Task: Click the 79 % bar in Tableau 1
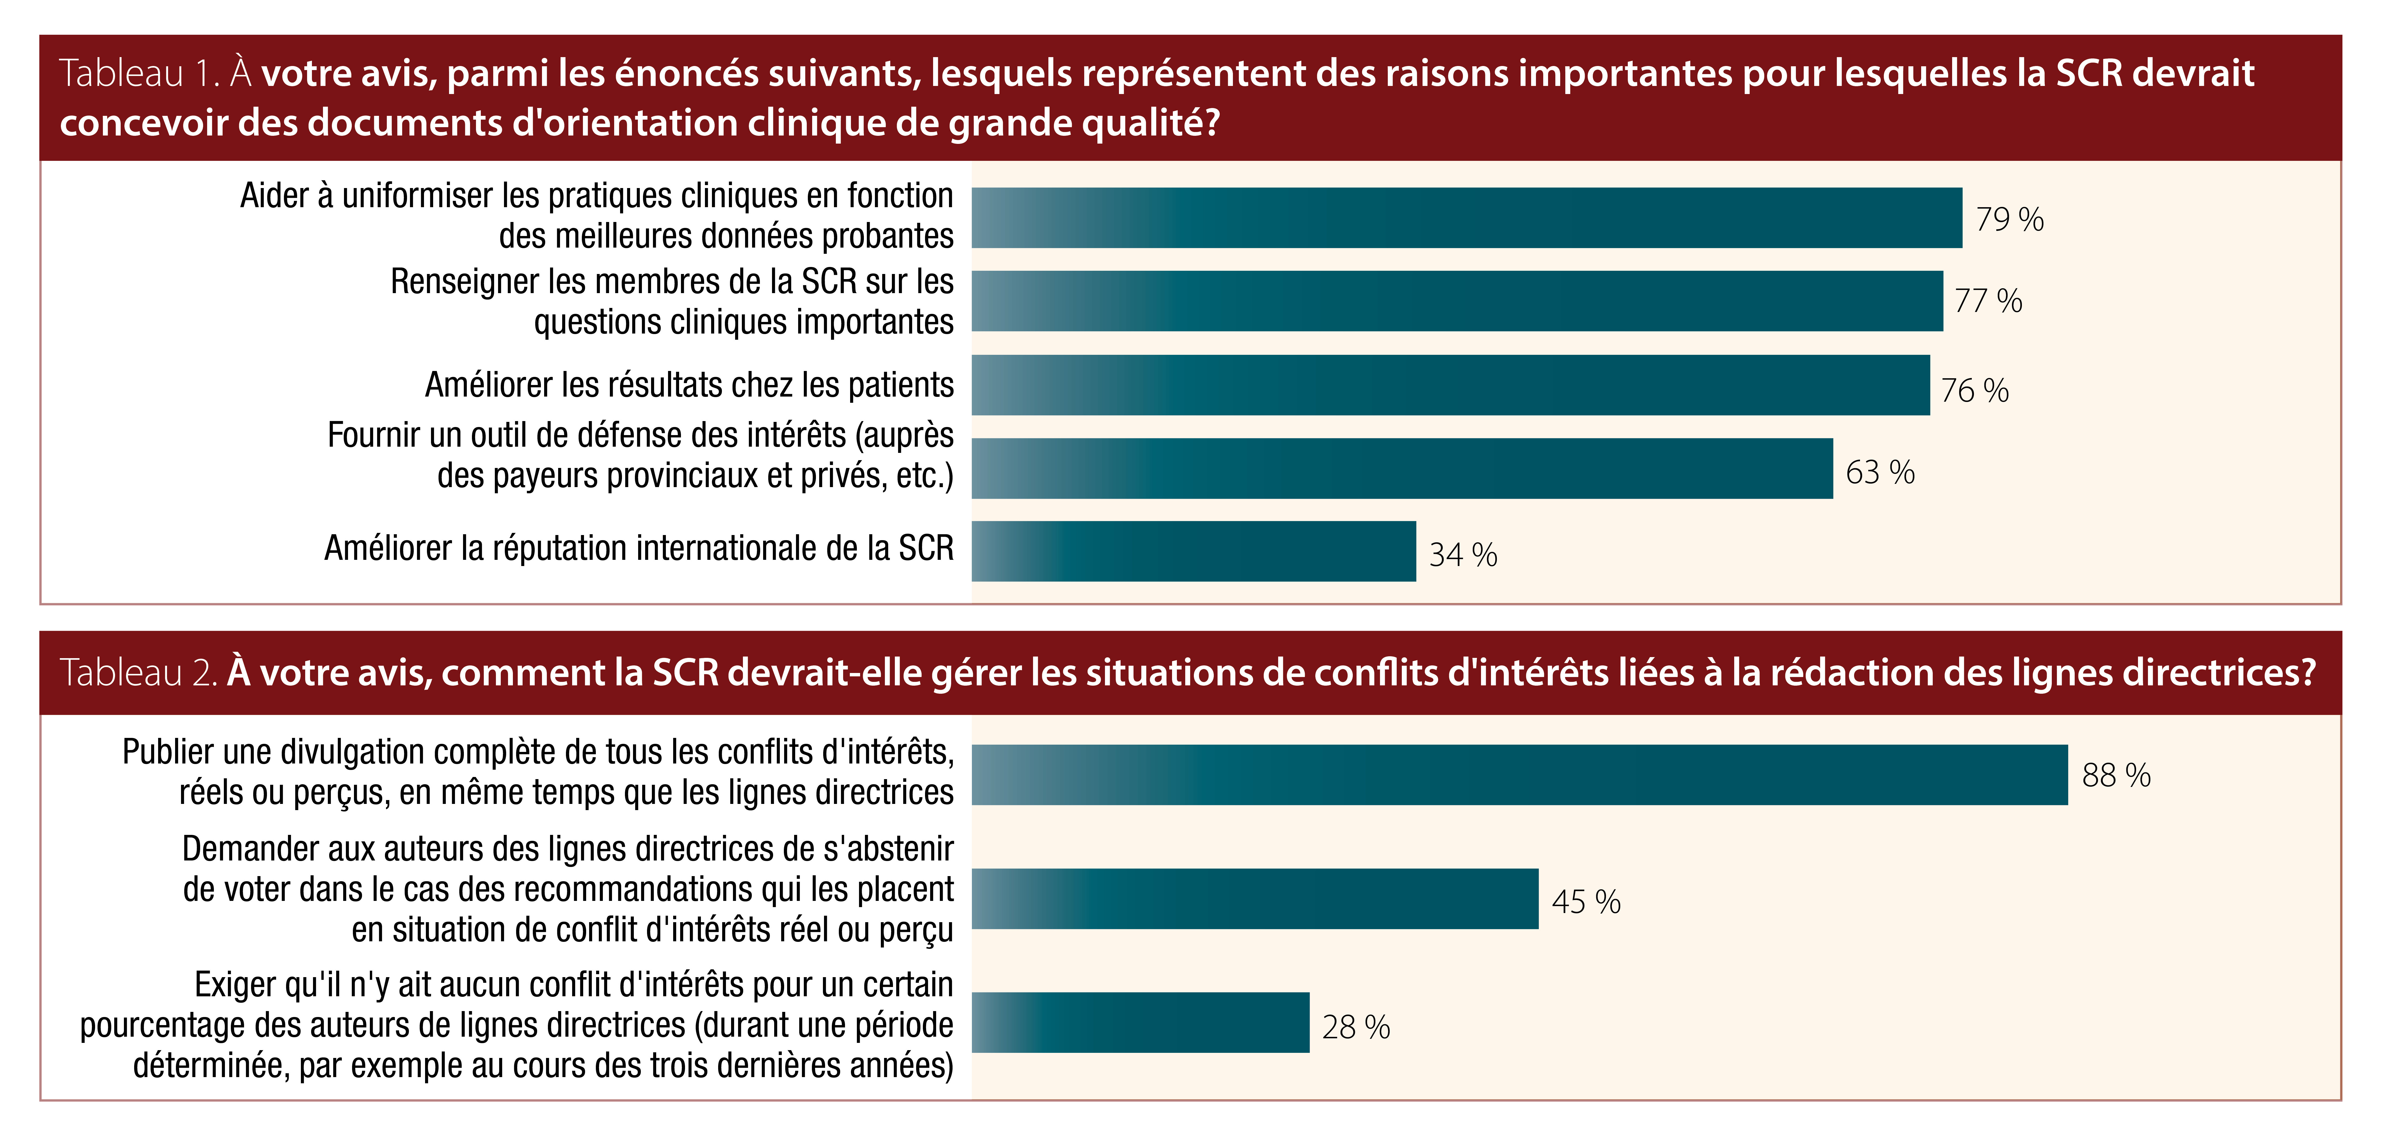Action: click(1466, 218)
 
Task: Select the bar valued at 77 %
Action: click(1457, 301)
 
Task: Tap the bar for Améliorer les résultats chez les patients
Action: click(1451, 384)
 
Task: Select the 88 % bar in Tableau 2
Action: click(1519, 774)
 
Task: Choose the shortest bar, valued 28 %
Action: click(1141, 1022)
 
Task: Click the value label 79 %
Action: click(2009, 220)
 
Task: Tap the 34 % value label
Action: click(1463, 555)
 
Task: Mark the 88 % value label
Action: click(2116, 775)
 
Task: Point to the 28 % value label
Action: click(1355, 1027)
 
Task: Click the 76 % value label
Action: click(1975, 390)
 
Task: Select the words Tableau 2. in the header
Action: click(138, 672)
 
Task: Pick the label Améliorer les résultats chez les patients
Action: click(689, 384)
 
